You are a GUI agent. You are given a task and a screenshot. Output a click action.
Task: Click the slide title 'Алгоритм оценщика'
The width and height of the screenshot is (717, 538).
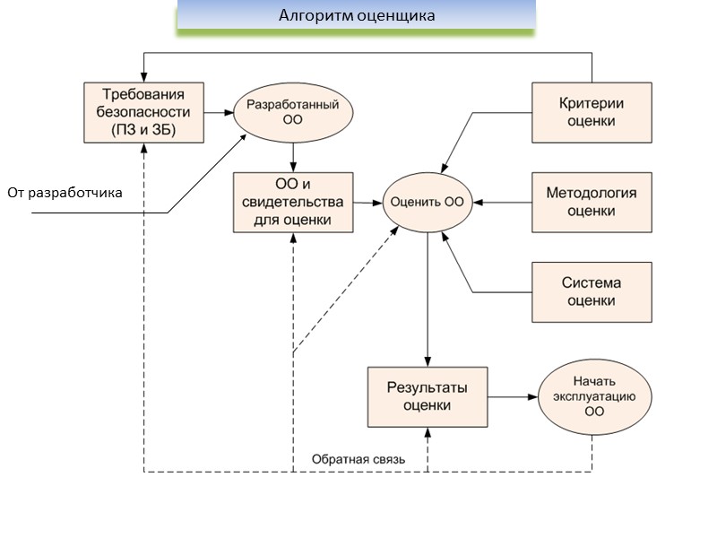tap(357, 15)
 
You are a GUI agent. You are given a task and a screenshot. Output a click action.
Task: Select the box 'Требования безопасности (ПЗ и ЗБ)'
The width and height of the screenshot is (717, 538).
tap(143, 112)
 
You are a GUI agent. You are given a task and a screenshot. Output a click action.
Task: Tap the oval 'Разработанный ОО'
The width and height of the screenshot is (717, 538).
tap(293, 112)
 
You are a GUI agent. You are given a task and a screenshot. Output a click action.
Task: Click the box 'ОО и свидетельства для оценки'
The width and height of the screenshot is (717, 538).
tap(292, 202)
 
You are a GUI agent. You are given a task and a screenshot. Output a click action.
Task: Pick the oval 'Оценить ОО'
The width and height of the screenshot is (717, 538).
tap(428, 202)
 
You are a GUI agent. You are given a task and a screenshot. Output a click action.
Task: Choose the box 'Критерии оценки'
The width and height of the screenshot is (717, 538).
tap(592, 112)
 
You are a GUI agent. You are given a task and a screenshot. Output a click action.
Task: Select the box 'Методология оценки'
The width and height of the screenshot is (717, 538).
tap(592, 202)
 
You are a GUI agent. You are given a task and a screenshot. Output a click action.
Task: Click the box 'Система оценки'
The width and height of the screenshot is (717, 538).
tap(592, 291)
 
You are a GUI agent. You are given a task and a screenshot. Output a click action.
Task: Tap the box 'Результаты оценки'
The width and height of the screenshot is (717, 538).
tap(428, 396)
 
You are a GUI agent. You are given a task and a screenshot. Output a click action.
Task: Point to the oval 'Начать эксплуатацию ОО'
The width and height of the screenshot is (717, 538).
tap(594, 396)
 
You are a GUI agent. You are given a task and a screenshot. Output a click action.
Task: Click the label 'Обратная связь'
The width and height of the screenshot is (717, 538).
tap(358, 460)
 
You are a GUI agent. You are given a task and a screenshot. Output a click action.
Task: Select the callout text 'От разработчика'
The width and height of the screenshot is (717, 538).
tap(65, 193)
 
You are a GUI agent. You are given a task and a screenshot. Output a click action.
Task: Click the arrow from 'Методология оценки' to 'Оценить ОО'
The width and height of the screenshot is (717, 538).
tap(503, 202)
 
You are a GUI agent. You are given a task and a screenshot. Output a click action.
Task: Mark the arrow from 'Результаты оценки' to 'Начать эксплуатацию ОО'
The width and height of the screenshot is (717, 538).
tap(512, 396)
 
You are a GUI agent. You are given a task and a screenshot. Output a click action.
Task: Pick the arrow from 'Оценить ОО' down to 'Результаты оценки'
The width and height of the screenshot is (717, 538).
tap(428, 296)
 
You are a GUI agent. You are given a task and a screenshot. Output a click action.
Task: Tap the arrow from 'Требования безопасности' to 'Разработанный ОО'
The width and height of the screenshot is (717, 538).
tap(217, 112)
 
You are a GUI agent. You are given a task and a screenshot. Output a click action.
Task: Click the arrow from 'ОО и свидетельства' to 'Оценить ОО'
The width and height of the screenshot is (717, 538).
tap(367, 202)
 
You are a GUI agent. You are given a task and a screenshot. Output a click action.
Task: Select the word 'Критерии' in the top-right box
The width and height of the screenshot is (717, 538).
tap(592, 103)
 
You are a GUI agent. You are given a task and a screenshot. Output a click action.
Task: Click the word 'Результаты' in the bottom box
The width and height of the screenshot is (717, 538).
tap(428, 387)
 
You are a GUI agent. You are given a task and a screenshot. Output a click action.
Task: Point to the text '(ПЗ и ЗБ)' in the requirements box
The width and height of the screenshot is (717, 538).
tap(143, 129)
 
